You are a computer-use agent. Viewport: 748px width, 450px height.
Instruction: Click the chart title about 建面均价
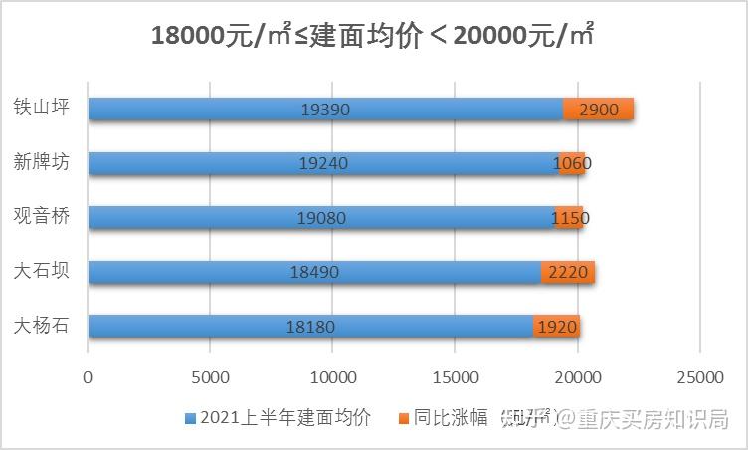[x=373, y=36]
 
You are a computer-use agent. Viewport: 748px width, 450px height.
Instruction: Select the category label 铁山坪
[x=42, y=107]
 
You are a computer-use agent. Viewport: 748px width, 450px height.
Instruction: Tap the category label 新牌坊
[x=42, y=161]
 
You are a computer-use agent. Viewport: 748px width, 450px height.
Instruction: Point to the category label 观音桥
[x=42, y=216]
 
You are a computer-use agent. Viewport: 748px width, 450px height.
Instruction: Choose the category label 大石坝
[x=42, y=271]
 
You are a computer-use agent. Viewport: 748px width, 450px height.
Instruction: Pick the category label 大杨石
[x=42, y=326]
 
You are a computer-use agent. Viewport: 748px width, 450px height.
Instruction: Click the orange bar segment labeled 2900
[x=598, y=110]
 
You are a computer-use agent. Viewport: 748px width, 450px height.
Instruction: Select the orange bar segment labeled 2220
[x=568, y=273]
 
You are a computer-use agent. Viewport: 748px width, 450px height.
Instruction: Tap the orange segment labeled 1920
[x=557, y=327]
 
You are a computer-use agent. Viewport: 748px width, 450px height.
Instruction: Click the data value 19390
[x=325, y=110]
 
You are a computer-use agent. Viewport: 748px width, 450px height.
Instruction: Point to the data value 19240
[x=323, y=164]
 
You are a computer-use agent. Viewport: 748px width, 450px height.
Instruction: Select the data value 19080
[x=321, y=218]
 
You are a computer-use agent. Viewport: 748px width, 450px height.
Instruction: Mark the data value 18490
[x=314, y=273]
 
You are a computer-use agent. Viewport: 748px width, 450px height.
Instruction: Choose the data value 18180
[x=310, y=327]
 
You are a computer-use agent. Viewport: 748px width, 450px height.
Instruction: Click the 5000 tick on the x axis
[x=210, y=377]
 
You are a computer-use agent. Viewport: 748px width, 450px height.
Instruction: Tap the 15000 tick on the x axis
[x=455, y=377]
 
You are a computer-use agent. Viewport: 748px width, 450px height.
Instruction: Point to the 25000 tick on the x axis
[x=699, y=377]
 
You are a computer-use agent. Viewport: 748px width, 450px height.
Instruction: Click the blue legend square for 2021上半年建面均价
[x=190, y=418]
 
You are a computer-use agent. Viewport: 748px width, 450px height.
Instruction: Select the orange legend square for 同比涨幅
[x=403, y=418]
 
